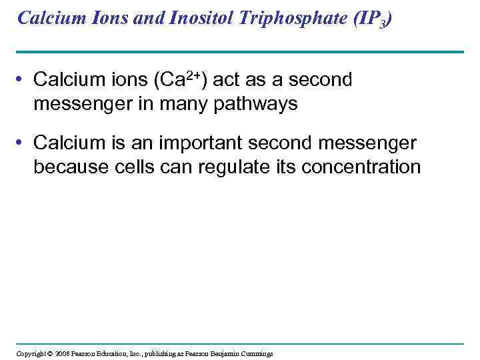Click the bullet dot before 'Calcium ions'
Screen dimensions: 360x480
point(22,81)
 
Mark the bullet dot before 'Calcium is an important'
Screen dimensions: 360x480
point(22,143)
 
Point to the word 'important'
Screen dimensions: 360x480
point(205,143)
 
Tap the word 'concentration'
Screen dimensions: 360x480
point(362,167)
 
